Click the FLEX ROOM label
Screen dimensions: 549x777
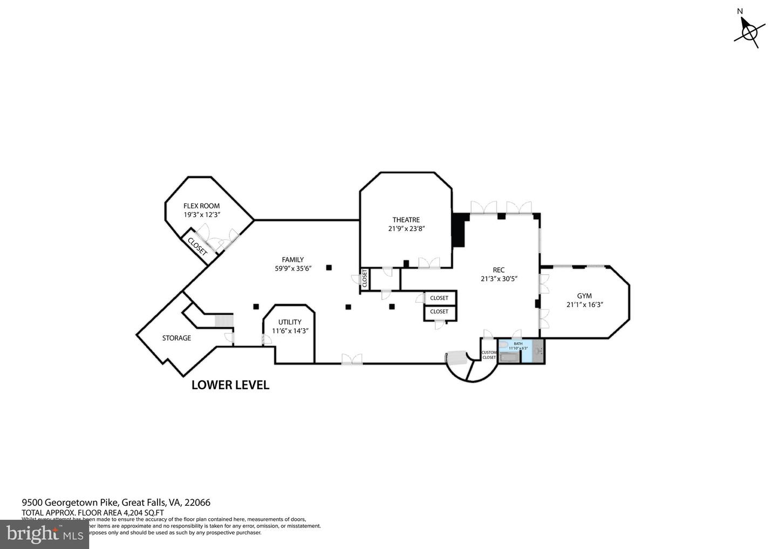[x=202, y=206]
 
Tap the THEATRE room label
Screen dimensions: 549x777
[x=406, y=220]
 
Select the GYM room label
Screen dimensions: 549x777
[x=584, y=296]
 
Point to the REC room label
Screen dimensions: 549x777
[x=499, y=270]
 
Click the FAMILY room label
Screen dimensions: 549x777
[x=292, y=260]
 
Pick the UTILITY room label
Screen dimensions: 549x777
[x=290, y=322]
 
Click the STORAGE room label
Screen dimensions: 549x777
[x=176, y=338]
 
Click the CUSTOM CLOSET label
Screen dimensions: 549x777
[x=489, y=355]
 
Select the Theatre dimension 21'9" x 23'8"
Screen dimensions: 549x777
[x=406, y=228]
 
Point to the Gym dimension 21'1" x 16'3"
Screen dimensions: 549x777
[x=584, y=304]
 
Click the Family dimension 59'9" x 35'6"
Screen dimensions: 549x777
[x=292, y=268]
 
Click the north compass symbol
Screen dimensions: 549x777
[x=749, y=32]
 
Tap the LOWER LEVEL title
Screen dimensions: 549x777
[x=230, y=385]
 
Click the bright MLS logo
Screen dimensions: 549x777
[x=44, y=534]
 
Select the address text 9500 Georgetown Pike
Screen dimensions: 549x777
[x=70, y=502]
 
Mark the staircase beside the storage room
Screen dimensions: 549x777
[x=223, y=321]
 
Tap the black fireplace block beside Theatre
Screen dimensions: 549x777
[x=459, y=230]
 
